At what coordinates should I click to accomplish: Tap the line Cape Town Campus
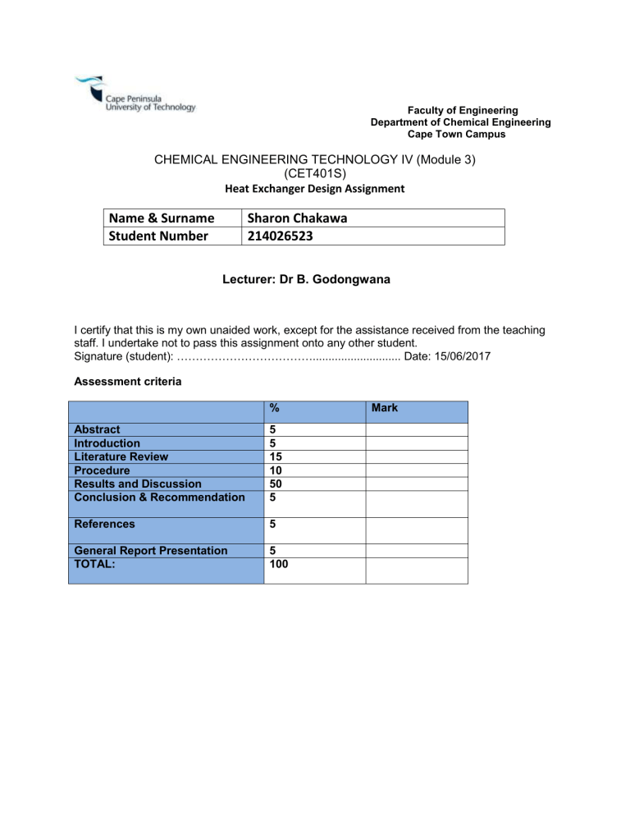[x=460, y=133]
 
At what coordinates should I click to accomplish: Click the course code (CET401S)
[x=314, y=174]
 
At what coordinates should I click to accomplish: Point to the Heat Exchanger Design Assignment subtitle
[x=314, y=189]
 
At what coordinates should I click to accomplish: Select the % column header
[x=274, y=407]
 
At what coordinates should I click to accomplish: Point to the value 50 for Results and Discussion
[x=277, y=484]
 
